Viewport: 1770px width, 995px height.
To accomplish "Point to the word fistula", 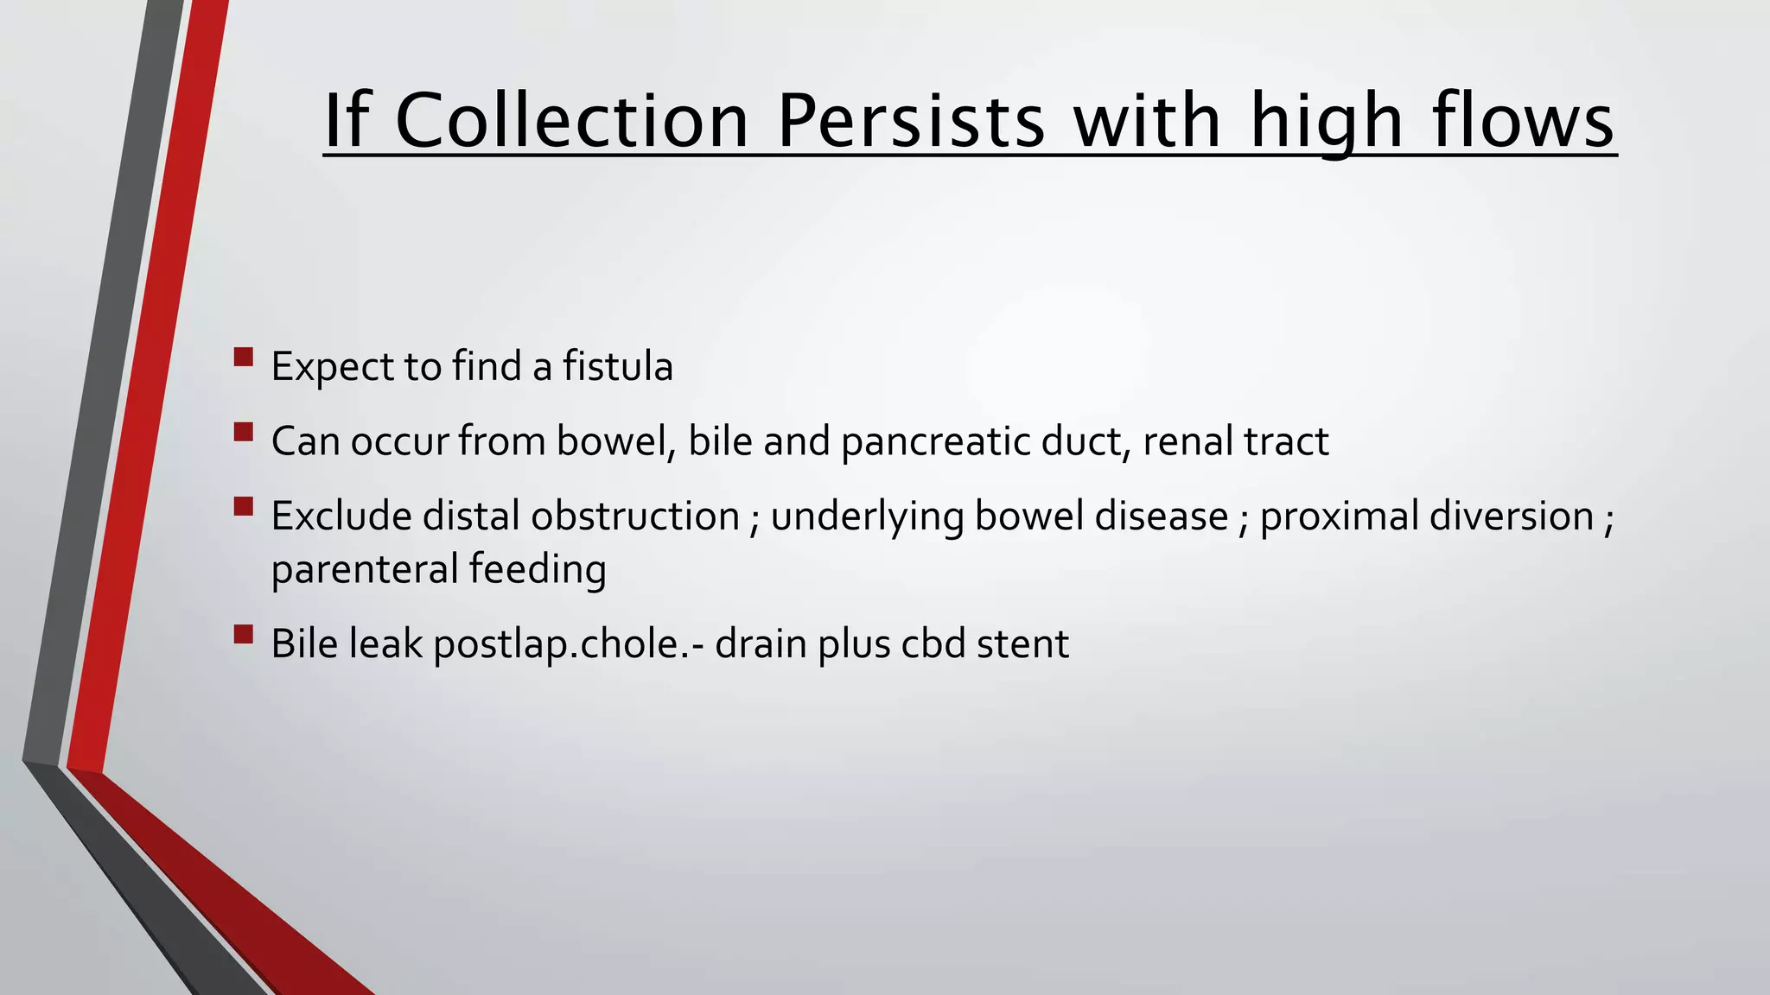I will point(617,366).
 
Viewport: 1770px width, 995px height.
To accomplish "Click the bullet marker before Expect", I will point(244,357).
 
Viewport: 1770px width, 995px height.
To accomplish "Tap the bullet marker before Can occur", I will point(244,431).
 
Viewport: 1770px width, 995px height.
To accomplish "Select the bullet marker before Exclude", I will point(244,505).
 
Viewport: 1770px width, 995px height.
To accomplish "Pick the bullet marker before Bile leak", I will point(244,635).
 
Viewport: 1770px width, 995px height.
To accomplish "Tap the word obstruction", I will point(634,517).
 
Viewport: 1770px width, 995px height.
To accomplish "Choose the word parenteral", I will point(365,570).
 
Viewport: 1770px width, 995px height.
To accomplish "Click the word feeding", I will point(538,570).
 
